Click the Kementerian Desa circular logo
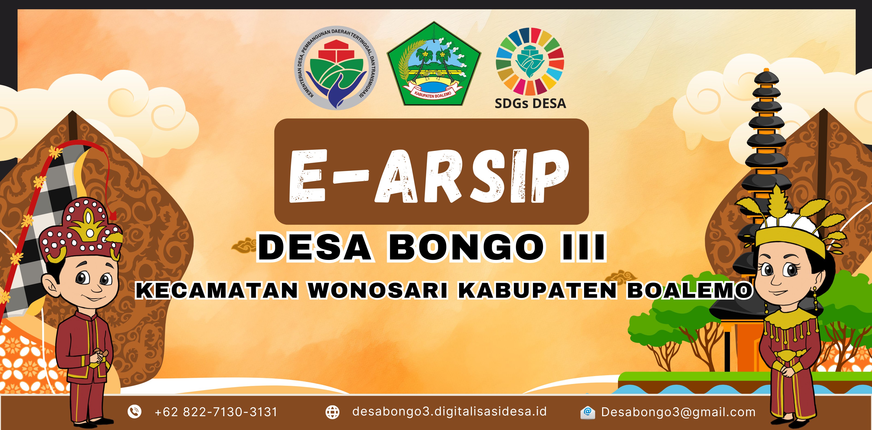point(337,68)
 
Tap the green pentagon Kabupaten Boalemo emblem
point(434,64)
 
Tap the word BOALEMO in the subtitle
point(690,290)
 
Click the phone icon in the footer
point(134,412)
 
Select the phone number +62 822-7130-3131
point(216,412)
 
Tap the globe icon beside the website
point(332,412)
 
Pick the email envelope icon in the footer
point(588,413)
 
